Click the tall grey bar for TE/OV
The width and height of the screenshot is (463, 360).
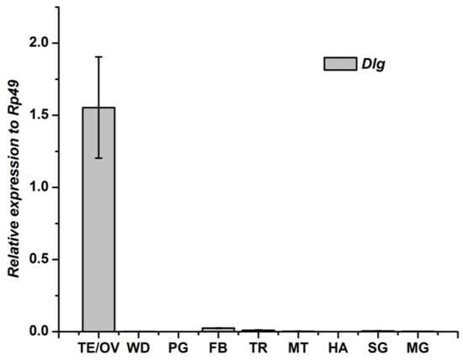[98, 219]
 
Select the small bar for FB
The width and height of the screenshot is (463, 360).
[218, 329]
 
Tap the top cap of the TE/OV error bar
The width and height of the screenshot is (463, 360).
[98, 57]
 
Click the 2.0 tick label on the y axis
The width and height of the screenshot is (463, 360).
[39, 43]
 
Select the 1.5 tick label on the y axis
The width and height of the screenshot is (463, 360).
[39, 115]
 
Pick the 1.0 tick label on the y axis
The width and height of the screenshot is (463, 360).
[39, 187]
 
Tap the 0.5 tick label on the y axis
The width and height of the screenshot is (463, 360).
[39, 259]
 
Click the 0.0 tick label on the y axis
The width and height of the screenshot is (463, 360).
[39, 331]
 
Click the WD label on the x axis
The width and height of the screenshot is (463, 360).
[139, 345]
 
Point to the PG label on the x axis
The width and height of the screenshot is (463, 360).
[178, 345]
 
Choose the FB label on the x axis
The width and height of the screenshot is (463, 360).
[218, 345]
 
